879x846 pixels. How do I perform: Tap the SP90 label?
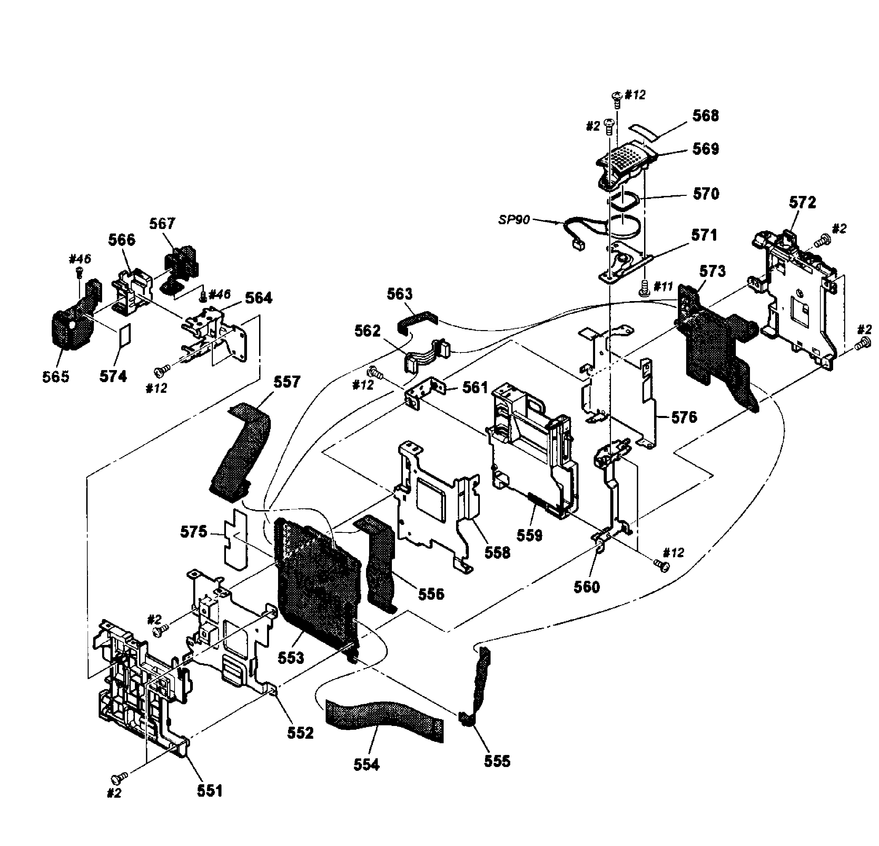pos(514,220)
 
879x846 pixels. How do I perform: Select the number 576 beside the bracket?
pos(684,417)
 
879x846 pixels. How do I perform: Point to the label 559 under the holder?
pos(530,535)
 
